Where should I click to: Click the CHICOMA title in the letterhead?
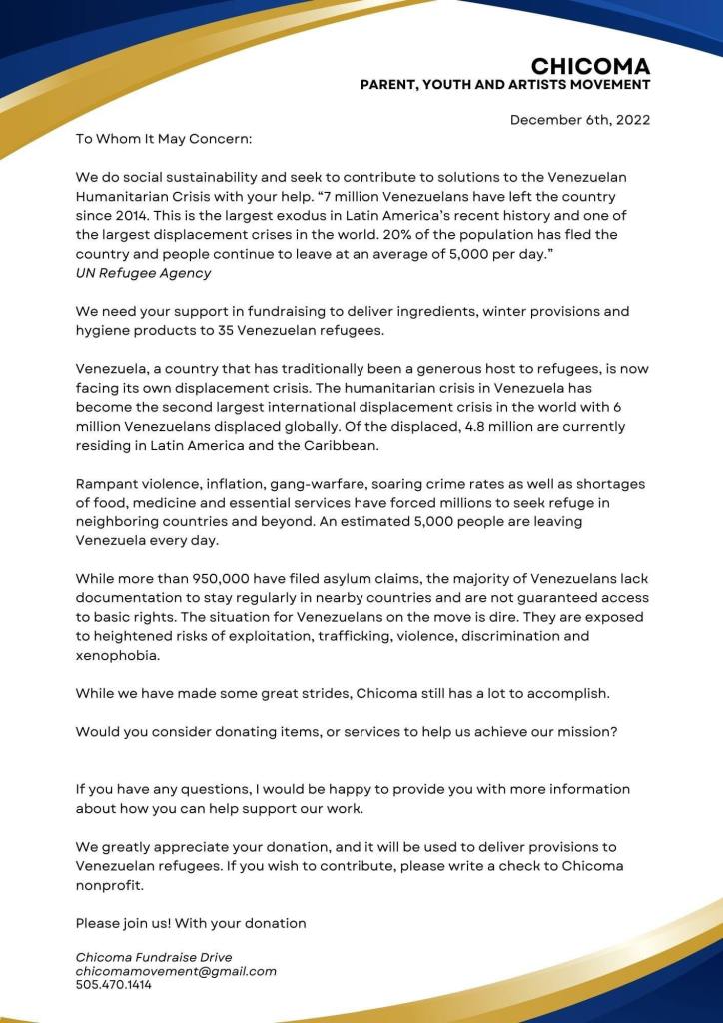click(x=590, y=67)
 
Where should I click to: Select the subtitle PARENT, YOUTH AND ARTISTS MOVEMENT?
click(x=505, y=86)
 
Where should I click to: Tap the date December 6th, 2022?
click(x=580, y=120)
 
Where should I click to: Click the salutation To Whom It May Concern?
click(x=164, y=139)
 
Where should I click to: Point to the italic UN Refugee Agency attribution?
click(x=143, y=273)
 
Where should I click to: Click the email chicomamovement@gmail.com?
click(x=176, y=971)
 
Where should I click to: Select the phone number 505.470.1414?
click(x=114, y=985)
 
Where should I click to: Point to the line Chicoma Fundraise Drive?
click(x=154, y=957)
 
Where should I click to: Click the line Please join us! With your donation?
click(x=191, y=923)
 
